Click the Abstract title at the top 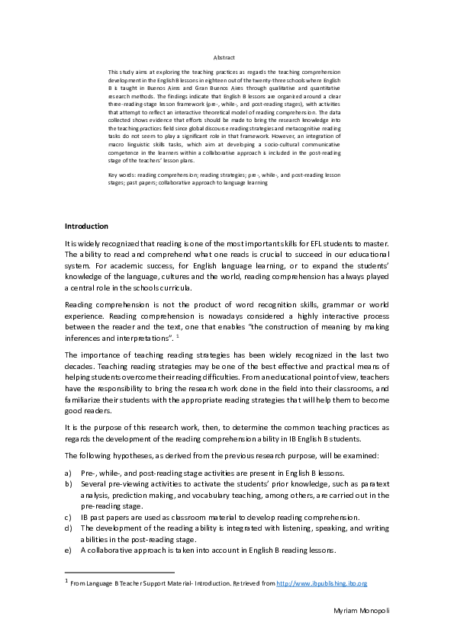click(x=224, y=57)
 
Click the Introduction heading click(x=86, y=226)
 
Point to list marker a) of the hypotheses click(x=69, y=473)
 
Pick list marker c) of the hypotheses click(x=69, y=516)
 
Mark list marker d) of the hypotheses click(x=69, y=527)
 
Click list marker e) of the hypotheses click(x=69, y=549)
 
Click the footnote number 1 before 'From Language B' click(x=66, y=581)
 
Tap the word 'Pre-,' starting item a click(x=89, y=473)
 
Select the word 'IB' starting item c click(x=85, y=516)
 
